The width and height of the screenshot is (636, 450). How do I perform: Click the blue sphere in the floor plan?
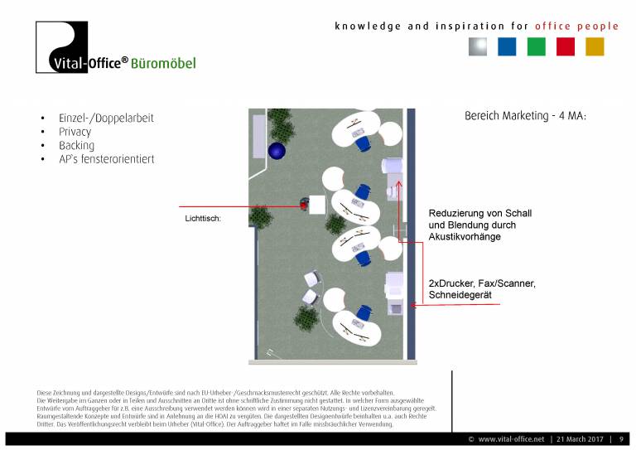(x=276, y=151)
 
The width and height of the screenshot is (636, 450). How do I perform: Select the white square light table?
(x=317, y=204)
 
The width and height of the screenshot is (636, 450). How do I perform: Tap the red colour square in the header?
(x=566, y=47)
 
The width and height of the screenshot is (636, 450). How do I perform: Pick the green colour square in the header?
(x=537, y=47)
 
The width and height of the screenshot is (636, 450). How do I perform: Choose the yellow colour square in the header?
(x=595, y=47)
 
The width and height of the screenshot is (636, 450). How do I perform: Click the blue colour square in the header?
(x=507, y=47)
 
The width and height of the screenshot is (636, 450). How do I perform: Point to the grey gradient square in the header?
(x=477, y=47)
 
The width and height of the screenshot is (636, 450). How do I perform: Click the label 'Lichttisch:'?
(x=203, y=220)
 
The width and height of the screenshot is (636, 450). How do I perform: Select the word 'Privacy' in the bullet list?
(x=75, y=132)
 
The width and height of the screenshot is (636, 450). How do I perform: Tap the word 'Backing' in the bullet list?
(x=76, y=146)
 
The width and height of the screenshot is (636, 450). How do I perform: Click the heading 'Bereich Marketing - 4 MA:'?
(x=525, y=116)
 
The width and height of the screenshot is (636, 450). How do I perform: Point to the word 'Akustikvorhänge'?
(x=465, y=237)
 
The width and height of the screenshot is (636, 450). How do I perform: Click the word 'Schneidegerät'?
(x=460, y=296)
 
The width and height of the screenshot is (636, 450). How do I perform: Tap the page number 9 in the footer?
(x=621, y=438)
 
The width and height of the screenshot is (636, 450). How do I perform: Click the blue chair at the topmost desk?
(x=363, y=143)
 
